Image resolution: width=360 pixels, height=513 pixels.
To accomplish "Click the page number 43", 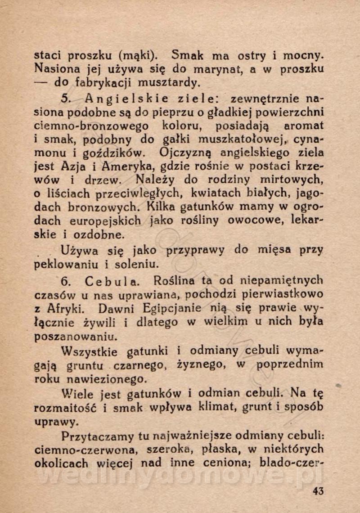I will [318, 490].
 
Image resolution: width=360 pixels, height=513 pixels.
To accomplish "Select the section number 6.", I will [65, 281].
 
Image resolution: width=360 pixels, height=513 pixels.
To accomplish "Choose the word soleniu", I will [138, 264].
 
